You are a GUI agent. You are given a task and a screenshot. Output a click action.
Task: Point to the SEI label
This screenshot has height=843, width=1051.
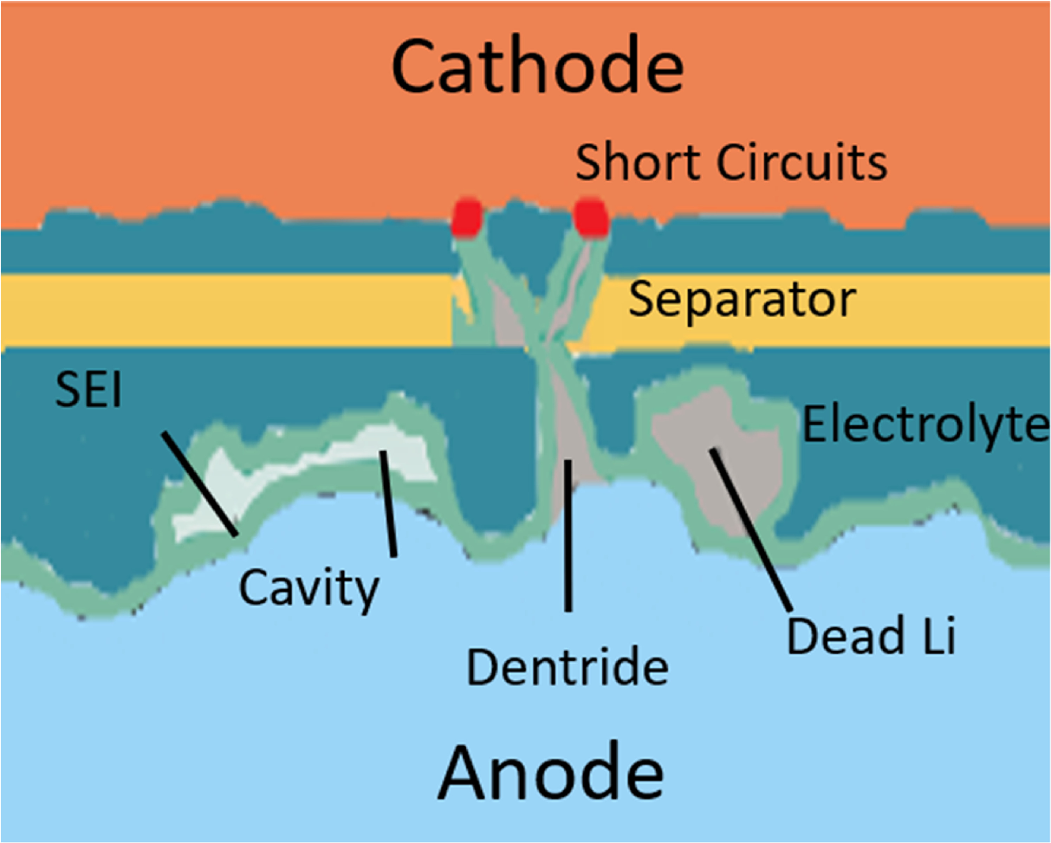click(88, 390)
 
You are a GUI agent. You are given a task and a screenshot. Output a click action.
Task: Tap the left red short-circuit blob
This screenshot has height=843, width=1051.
click(467, 218)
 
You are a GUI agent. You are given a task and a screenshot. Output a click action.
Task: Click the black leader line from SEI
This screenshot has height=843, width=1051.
click(200, 484)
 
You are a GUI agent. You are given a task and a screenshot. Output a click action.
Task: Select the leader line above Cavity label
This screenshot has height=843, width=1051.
click(389, 503)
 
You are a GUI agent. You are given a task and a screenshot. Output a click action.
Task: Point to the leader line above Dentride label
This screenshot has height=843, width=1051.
click(567, 535)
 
